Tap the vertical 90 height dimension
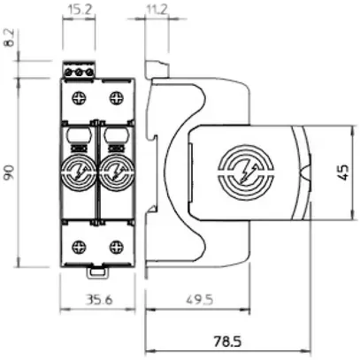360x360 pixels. point(9,171)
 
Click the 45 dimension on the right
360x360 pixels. point(345,169)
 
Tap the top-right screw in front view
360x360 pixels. point(114,97)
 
